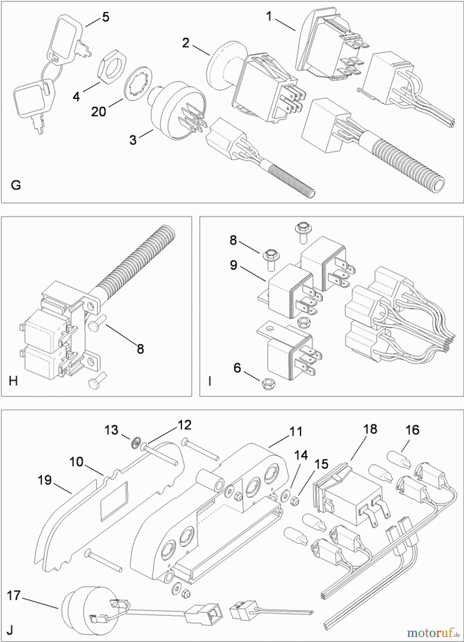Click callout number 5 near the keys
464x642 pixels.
(x=105, y=17)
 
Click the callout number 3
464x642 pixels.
(x=133, y=140)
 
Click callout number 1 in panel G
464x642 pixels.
(x=269, y=16)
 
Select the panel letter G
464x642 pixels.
(x=16, y=185)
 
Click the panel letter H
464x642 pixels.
(x=13, y=381)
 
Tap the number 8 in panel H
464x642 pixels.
(x=140, y=348)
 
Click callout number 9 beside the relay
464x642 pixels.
(x=233, y=265)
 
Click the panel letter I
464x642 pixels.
(x=210, y=381)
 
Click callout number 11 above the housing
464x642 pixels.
(x=296, y=432)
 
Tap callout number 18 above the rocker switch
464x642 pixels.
(x=370, y=429)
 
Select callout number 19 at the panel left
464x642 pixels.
(x=45, y=480)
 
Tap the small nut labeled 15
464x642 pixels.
(x=294, y=501)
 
